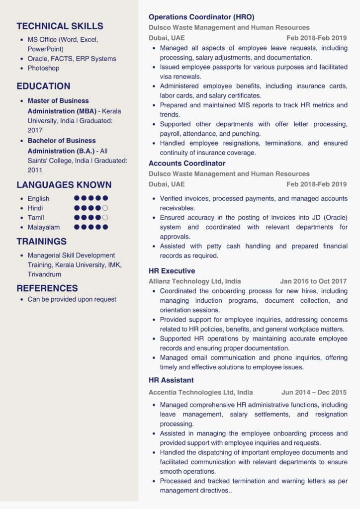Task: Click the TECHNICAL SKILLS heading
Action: click(x=60, y=26)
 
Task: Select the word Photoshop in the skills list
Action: click(x=43, y=68)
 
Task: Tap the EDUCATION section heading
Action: click(x=43, y=86)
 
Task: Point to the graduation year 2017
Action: click(x=35, y=130)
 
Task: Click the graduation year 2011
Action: click(x=35, y=170)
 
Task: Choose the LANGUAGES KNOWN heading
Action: click(x=64, y=185)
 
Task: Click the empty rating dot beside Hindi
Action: click(x=105, y=208)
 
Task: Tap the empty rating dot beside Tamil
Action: click(x=105, y=218)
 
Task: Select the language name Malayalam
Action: click(x=44, y=227)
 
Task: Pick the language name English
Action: click(x=38, y=199)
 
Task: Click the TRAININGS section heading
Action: click(x=41, y=242)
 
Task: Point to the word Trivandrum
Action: click(x=44, y=274)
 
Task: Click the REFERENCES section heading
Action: click(x=47, y=288)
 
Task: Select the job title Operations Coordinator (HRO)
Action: click(x=201, y=17)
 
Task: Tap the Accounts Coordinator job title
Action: click(x=187, y=163)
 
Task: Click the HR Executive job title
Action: click(x=172, y=271)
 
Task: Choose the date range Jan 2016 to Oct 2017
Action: click(x=313, y=281)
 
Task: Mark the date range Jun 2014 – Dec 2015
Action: click(x=314, y=392)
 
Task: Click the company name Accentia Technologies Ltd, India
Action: click(x=200, y=392)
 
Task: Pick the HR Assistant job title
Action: click(x=171, y=380)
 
